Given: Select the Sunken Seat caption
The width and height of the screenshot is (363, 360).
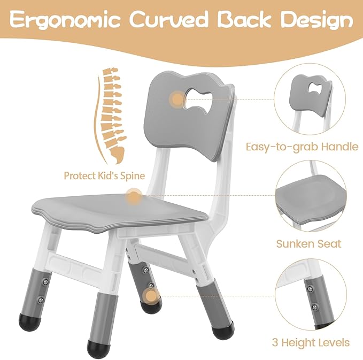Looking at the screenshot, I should coord(308,244).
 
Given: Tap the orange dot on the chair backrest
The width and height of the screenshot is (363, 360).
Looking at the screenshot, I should coord(176,98).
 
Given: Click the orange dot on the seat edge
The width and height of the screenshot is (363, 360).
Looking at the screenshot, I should coord(133,197).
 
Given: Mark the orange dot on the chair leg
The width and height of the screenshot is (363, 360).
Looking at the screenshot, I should coord(152,295).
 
